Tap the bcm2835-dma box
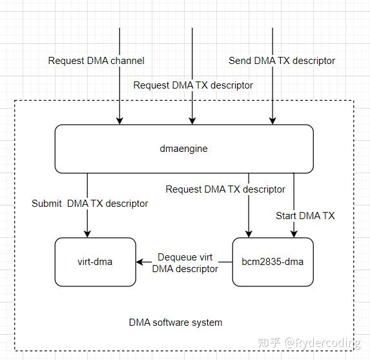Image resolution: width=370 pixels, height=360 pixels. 272,262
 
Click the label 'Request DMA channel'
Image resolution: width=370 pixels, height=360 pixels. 96,61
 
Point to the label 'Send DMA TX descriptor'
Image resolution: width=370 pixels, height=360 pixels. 282,61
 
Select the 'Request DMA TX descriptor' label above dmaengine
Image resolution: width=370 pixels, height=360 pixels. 193,85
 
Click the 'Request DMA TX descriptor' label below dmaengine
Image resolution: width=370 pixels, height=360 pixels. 225,189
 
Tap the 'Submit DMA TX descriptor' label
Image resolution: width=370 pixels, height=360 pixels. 90,204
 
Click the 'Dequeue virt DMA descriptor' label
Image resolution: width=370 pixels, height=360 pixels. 185,263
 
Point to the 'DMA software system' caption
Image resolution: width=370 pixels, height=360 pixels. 175,323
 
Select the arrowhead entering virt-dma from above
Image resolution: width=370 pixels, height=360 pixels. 88,233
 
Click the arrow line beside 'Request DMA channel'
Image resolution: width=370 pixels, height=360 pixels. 119,90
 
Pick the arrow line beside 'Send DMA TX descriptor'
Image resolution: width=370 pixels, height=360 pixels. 272,90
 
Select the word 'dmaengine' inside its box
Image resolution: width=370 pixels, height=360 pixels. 184,149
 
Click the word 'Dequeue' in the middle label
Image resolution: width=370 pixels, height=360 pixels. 176,257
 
